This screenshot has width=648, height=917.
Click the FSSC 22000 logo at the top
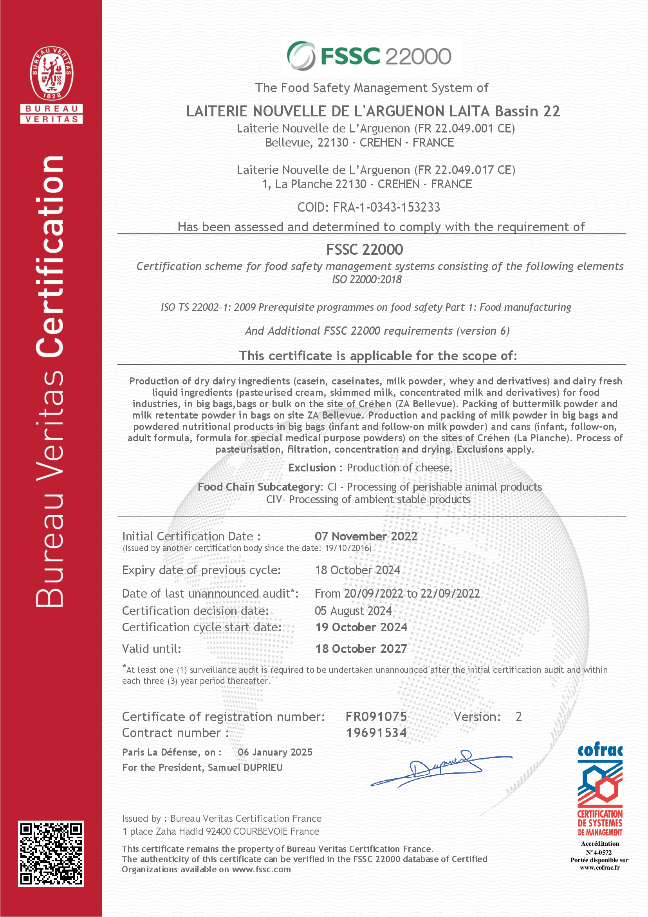[x=370, y=56]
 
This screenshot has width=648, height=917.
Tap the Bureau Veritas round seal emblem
[x=51, y=73]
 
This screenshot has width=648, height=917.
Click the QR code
[x=51, y=854]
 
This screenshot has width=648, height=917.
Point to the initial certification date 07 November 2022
[x=366, y=536]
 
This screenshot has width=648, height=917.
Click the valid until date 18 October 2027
[x=361, y=649]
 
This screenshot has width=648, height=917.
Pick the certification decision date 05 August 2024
[x=353, y=611]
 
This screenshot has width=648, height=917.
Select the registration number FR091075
[x=376, y=716]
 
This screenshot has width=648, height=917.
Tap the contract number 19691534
[x=376, y=732]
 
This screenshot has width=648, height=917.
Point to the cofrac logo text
[x=600, y=751]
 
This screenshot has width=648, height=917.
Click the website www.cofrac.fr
[x=600, y=868]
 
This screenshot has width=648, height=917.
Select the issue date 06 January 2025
[x=275, y=752]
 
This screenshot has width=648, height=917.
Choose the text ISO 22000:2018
[x=367, y=279]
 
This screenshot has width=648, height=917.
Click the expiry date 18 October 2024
[x=357, y=570]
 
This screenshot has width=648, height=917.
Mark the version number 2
[x=518, y=716]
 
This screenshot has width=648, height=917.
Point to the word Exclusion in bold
[x=312, y=468]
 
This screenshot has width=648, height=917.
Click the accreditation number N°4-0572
[x=599, y=852]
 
